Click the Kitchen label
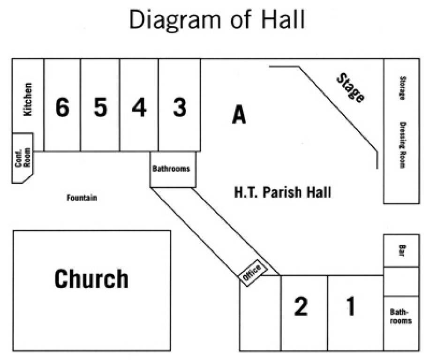click(28, 99)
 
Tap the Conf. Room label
click(23, 157)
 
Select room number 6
click(62, 107)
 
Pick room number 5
click(100, 107)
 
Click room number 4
click(139, 107)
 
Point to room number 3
click(180, 107)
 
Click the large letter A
click(239, 114)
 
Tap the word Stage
click(351, 88)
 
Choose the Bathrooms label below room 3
click(171, 168)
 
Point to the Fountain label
click(82, 197)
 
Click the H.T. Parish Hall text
click(283, 192)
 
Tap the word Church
click(91, 278)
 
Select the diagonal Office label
click(252, 272)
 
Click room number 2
click(301, 306)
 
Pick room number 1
click(351, 306)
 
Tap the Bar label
click(401, 250)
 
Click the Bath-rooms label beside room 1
click(400, 316)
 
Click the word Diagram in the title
click(175, 20)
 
